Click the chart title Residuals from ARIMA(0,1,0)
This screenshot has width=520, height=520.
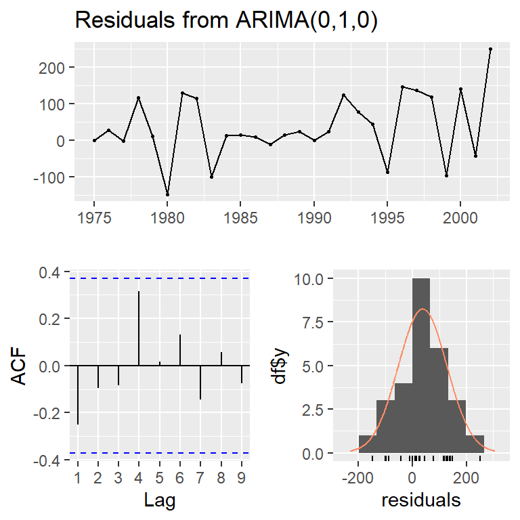[x=226, y=20]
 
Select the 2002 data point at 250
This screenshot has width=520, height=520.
[x=490, y=49]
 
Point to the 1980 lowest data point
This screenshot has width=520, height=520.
[x=167, y=194]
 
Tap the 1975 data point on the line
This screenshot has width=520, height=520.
[x=94, y=140]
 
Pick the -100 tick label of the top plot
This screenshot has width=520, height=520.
[x=51, y=177]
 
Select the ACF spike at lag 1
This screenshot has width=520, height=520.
[x=78, y=395]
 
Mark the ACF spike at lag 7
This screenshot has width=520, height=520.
[x=200, y=383]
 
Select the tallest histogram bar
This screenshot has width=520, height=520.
[x=420, y=366]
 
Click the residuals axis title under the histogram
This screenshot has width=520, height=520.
[x=421, y=501]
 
